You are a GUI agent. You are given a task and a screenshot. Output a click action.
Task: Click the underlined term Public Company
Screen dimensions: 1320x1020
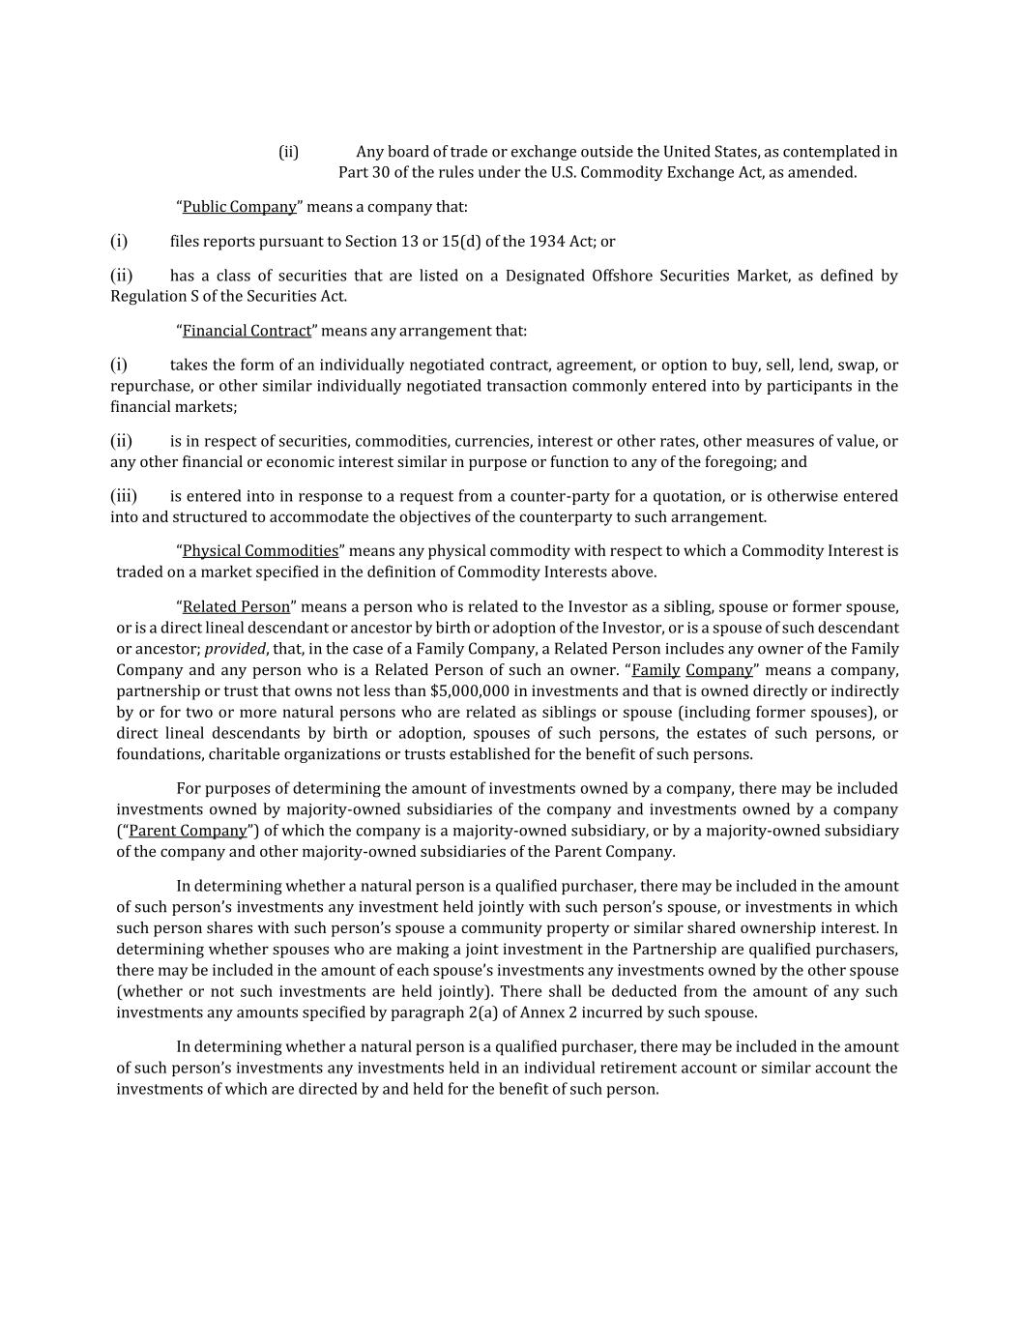(x=239, y=207)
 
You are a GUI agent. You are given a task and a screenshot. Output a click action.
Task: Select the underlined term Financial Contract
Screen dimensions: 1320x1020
(x=247, y=331)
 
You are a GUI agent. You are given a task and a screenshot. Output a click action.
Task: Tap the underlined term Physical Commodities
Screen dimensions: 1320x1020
(x=260, y=551)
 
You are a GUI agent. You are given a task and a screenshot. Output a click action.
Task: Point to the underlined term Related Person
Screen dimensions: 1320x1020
(x=236, y=607)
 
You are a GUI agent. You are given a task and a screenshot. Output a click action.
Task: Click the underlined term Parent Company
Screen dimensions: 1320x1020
(x=188, y=831)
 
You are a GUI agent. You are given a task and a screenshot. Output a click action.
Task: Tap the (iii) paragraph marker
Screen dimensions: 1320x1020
(x=124, y=496)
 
